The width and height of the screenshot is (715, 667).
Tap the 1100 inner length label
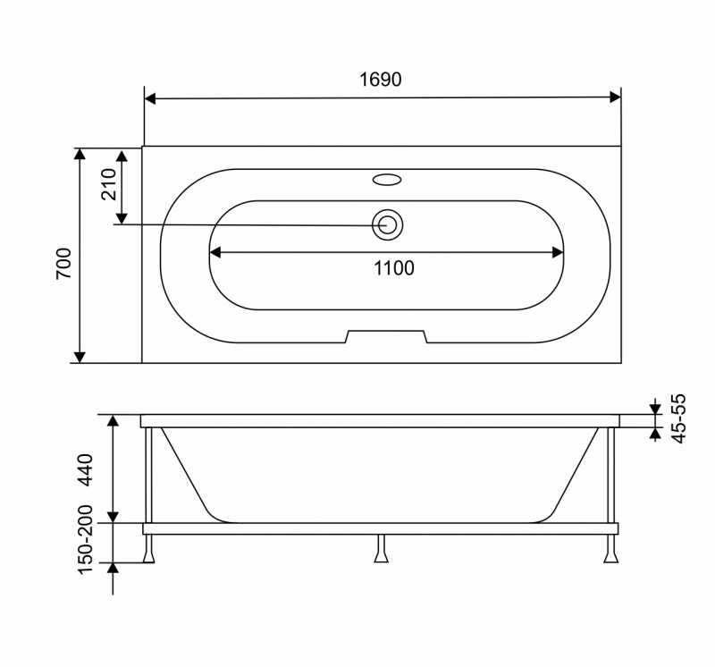click(394, 267)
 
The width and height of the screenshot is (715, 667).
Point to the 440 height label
click(87, 469)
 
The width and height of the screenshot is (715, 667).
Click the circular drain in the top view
click(388, 224)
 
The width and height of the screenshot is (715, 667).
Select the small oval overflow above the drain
click(388, 180)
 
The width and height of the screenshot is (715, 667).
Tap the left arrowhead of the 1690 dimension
click(150, 97)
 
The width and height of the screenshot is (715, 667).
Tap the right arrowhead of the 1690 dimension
click(615, 97)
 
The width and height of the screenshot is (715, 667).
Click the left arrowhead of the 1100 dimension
click(215, 253)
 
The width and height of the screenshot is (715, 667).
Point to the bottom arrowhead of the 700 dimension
click(80, 357)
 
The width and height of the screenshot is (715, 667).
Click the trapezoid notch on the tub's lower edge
click(387, 336)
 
